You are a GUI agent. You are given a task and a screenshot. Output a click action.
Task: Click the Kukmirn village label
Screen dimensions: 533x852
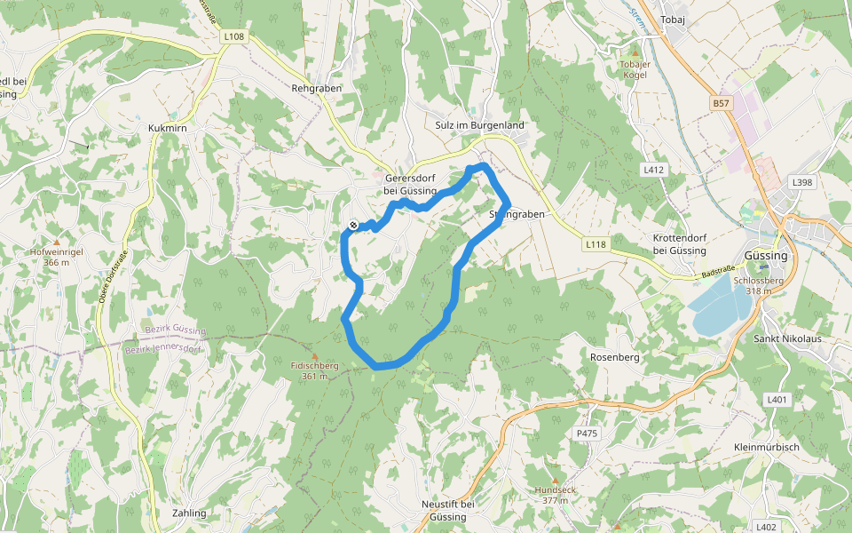coord(167,129)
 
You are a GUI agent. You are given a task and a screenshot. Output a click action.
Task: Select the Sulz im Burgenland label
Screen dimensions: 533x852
coord(480,125)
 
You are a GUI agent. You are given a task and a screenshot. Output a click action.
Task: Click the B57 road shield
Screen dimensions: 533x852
coord(722,104)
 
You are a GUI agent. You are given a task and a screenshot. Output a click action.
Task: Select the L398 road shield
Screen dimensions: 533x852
coord(801,182)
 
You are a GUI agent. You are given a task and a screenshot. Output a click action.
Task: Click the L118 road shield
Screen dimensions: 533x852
coord(596,243)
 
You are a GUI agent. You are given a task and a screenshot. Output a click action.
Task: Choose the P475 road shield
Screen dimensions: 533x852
coord(588,433)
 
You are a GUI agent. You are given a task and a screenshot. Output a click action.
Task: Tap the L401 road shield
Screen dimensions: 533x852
coord(777,400)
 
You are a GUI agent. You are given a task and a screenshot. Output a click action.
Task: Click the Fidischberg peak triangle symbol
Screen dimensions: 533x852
coord(314,355)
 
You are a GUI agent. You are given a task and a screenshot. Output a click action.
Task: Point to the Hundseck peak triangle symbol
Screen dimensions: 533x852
coord(556,480)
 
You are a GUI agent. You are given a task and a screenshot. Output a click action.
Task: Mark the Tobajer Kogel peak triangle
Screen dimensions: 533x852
coord(634,54)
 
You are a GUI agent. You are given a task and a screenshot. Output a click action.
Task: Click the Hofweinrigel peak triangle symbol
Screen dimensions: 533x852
coord(57,242)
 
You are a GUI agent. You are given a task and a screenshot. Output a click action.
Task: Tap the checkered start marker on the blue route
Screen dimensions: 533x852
coord(353,226)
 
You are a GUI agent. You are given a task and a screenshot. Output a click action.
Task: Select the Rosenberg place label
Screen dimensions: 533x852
coord(614,356)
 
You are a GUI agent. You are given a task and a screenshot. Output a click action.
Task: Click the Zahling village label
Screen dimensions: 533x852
coord(189,513)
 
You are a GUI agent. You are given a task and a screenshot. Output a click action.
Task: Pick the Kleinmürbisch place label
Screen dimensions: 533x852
coord(767,447)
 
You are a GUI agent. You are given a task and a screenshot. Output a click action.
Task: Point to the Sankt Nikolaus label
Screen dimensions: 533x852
coord(787,339)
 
